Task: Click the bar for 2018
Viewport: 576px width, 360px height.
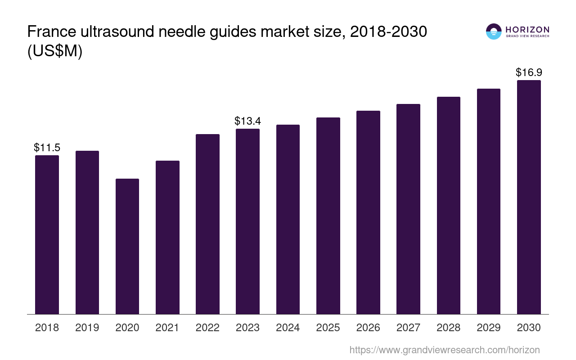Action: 47,234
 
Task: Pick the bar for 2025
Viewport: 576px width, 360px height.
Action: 328,216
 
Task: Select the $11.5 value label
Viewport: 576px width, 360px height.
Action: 47,148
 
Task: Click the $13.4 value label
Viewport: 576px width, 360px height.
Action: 247,121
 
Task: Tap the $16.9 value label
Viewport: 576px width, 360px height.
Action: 529,72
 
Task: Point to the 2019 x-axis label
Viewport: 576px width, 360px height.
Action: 87,328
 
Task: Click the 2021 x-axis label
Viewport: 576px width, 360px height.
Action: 167,328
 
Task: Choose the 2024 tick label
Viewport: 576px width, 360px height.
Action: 288,328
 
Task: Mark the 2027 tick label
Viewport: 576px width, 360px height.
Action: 408,328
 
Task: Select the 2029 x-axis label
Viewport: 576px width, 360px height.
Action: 488,328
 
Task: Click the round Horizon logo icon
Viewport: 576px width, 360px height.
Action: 494,31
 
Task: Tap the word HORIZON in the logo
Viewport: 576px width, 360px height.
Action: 527,29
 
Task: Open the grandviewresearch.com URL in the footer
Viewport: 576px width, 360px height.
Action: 444,350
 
